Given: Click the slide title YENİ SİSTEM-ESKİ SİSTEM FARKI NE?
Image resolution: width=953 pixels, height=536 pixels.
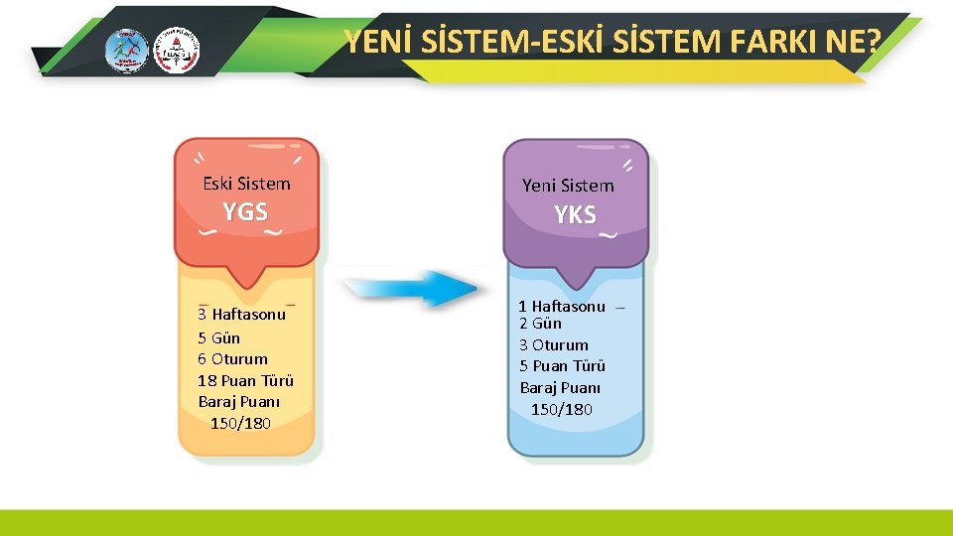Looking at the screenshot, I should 613,42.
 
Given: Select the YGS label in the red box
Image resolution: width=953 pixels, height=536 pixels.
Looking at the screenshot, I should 245,211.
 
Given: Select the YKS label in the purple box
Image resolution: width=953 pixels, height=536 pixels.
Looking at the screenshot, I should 575,214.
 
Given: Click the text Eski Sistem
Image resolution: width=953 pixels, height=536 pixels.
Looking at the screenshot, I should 246,184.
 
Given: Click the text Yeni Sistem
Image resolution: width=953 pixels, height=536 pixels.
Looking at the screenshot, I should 568,186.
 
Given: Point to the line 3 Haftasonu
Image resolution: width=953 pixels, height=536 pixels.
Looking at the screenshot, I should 241,315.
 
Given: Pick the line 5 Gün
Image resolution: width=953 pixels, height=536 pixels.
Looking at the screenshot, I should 218,337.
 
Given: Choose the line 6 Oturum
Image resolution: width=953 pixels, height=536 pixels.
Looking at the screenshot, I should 232,358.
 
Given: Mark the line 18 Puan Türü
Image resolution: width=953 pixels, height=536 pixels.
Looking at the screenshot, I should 245,380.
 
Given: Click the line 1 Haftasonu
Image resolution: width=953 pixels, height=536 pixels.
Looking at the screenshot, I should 562,306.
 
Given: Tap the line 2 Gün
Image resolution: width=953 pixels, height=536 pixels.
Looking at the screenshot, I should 540,324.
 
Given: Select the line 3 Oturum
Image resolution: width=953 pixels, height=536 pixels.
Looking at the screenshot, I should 554,344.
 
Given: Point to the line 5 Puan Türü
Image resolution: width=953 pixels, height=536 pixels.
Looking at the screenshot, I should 562,365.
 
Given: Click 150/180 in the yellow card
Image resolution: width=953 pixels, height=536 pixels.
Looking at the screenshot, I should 240,424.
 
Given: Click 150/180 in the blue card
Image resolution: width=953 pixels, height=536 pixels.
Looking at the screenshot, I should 562,409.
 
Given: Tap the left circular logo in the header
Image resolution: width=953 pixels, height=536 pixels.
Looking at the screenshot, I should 126,50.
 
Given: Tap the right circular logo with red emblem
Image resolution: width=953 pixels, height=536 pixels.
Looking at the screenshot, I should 176,50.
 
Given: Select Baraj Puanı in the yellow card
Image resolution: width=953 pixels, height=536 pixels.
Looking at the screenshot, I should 239,402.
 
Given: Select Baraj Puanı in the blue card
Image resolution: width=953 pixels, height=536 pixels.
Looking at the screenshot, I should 561,387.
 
